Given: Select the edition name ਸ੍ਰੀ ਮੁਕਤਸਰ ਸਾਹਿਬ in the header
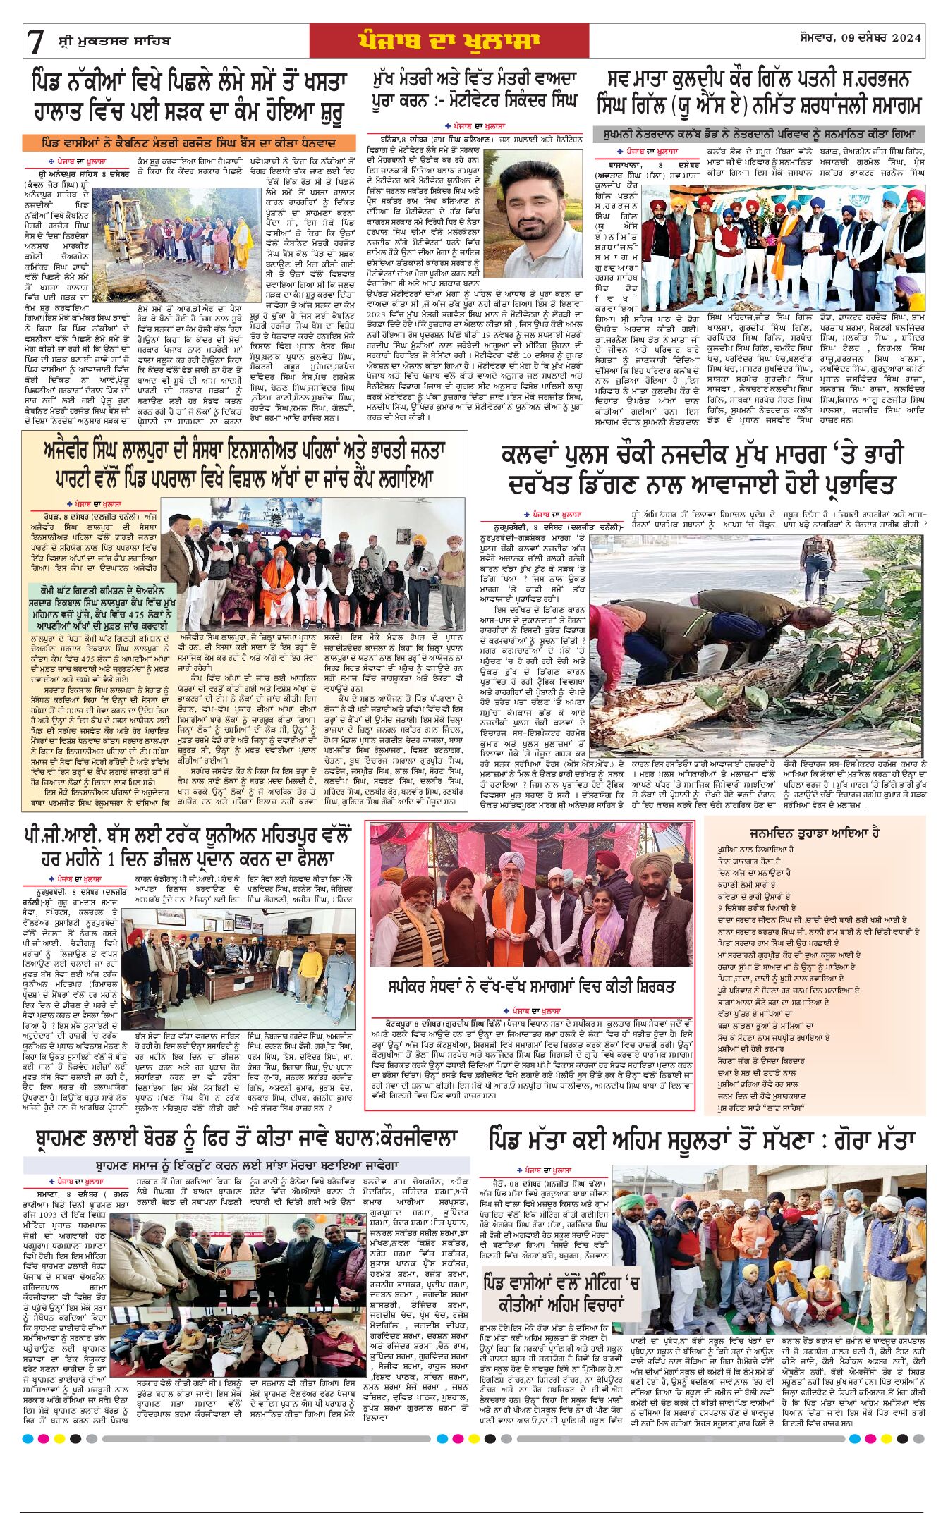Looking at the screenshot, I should (x=114, y=41).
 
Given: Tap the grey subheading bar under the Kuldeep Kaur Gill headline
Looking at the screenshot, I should (x=758, y=134).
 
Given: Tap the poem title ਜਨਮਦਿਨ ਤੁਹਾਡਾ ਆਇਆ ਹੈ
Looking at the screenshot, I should (x=814, y=833).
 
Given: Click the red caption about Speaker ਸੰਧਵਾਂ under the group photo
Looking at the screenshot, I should (x=530, y=986).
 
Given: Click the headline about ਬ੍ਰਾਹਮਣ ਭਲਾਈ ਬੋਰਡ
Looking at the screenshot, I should (x=247, y=1139).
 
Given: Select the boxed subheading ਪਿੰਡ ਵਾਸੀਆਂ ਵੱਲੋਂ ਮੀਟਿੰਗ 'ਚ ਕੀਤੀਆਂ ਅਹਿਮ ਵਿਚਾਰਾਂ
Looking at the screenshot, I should (x=562, y=1292).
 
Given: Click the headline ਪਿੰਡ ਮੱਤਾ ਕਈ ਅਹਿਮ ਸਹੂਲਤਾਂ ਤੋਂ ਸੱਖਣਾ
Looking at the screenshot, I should (x=701, y=1140).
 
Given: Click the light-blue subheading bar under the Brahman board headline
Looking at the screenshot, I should (x=247, y=1165).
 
